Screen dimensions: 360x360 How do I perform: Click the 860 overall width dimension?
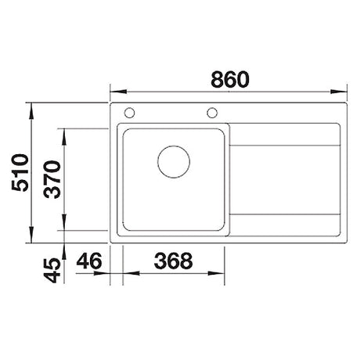(x=229, y=78)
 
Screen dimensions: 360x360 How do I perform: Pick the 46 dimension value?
(x=91, y=261)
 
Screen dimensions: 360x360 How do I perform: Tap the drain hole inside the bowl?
(x=173, y=161)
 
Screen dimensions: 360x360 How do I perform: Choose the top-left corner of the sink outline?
(x=110, y=102)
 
